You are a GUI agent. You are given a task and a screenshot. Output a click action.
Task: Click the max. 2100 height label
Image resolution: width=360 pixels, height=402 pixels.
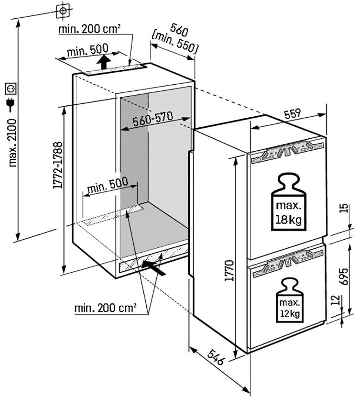(x=12, y=142)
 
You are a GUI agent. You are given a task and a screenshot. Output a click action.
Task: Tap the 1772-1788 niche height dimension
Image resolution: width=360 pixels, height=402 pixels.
(x=58, y=165)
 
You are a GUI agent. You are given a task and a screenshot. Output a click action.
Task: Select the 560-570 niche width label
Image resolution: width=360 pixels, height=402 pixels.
(x=153, y=119)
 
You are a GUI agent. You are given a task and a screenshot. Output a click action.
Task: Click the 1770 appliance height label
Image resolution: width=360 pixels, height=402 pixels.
(x=229, y=271)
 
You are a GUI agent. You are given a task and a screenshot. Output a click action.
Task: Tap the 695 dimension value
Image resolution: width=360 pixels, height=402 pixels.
(x=343, y=277)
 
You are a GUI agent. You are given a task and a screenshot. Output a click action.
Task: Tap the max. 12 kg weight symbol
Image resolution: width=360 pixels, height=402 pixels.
(x=290, y=300)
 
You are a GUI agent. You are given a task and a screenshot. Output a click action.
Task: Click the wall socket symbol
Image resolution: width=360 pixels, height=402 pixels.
(x=11, y=88)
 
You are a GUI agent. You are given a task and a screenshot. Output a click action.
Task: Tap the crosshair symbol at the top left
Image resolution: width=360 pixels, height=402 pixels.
(x=63, y=11)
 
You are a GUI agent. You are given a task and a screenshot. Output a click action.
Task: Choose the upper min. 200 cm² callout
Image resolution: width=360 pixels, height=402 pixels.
(x=90, y=29)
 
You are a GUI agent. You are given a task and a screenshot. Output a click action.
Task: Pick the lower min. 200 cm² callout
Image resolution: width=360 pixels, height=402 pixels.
(x=105, y=308)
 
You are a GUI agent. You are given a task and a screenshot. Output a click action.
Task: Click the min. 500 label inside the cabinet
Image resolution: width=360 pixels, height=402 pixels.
(x=108, y=186)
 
